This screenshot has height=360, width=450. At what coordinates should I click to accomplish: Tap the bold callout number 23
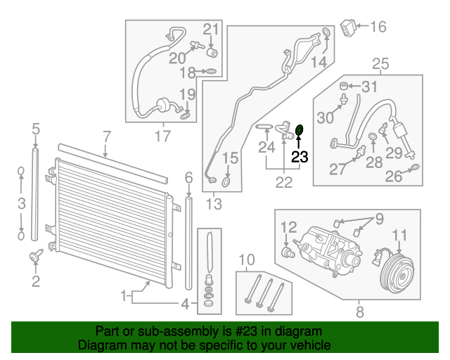pyautogui.click(x=300, y=156)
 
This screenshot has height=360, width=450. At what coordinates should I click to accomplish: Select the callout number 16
pyautogui.click(x=378, y=27)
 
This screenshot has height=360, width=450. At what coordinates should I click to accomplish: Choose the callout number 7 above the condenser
pyautogui.click(x=106, y=136)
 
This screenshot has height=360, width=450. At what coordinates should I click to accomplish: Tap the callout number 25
pyautogui.click(x=380, y=65)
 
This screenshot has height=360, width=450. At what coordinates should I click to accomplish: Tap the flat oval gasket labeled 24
pyautogui.click(x=264, y=127)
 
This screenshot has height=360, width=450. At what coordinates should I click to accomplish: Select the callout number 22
pyautogui.click(x=283, y=182)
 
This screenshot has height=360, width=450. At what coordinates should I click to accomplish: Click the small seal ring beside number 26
pyautogui.click(x=416, y=167)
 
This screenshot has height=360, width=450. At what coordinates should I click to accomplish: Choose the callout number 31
pyautogui.click(x=370, y=87)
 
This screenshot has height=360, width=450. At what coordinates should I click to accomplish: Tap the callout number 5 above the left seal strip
pyautogui.click(x=35, y=129)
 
